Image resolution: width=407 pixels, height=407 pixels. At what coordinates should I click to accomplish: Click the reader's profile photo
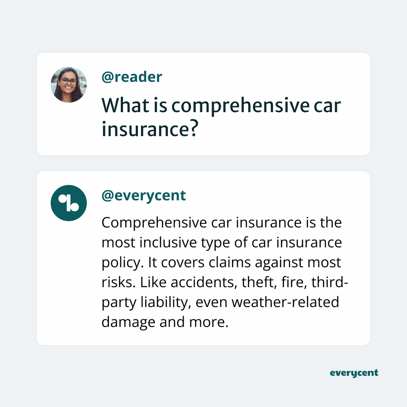pos(69,85)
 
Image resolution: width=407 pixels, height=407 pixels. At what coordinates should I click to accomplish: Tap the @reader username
pos(132,77)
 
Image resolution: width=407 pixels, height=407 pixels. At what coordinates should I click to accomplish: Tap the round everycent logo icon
pos(69,203)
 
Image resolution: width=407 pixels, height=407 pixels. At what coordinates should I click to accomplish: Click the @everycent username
pos(144,195)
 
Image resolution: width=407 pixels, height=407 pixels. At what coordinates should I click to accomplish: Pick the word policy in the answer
pos(117,263)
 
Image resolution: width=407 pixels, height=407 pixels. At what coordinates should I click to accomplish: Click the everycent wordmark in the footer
pos(354,373)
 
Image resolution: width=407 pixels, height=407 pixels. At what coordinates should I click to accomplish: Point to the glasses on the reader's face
pos(69,82)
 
